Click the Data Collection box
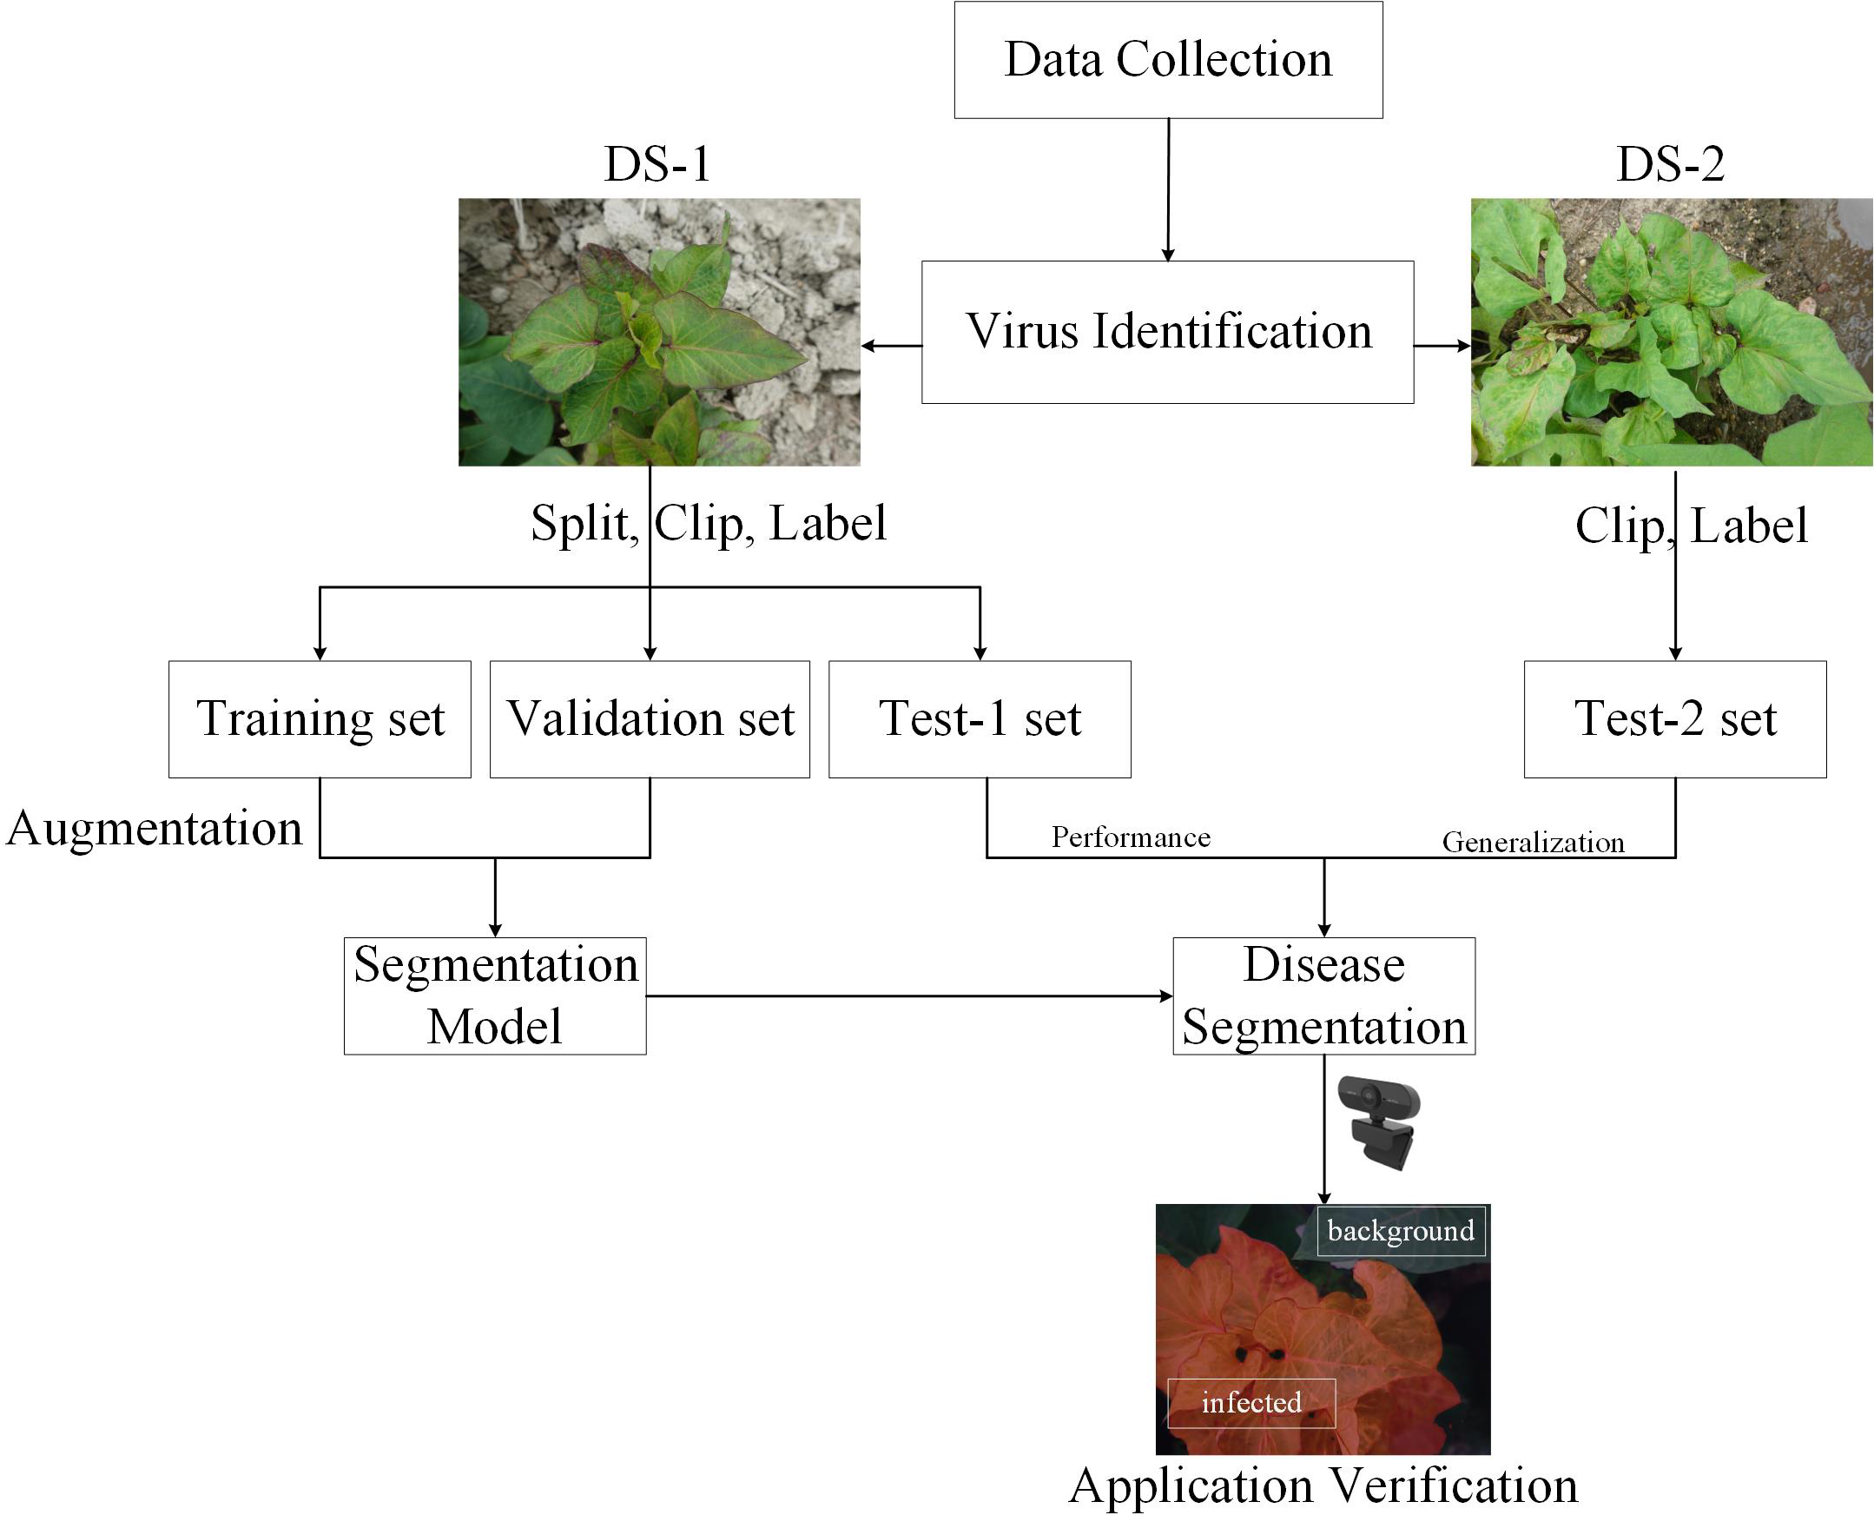point(1167,59)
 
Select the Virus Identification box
point(1167,332)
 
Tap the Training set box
point(320,718)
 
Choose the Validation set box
point(649,718)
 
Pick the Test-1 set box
point(979,718)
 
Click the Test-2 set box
point(1674,718)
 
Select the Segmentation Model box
point(495,995)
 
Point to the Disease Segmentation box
point(1323,995)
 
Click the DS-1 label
point(658,163)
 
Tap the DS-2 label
point(1670,163)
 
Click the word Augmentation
point(154,827)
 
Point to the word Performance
point(1130,837)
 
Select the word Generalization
point(1533,842)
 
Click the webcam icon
point(1381,1122)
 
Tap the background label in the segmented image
point(1400,1230)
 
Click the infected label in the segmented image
point(1251,1402)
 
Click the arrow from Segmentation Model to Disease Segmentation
point(907,996)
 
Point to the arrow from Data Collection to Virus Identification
point(1168,189)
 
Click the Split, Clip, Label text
point(709,524)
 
